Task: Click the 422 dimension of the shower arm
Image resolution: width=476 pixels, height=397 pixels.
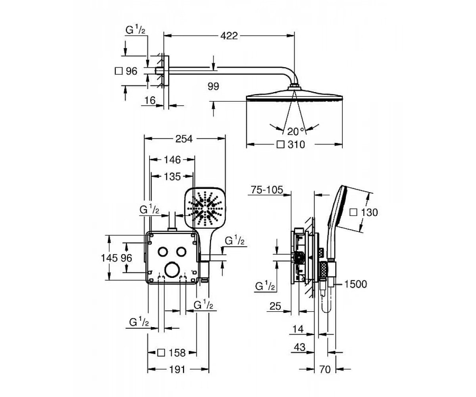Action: click(x=229, y=36)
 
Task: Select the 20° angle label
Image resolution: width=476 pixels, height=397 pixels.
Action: click(x=296, y=132)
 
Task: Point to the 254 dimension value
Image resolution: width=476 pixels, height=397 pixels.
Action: click(x=184, y=139)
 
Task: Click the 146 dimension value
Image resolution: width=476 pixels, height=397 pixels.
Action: click(x=172, y=160)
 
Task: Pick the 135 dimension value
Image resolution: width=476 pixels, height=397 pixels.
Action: click(x=172, y=177)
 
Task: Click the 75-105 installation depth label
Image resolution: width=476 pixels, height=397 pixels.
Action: click(x=267, y=190)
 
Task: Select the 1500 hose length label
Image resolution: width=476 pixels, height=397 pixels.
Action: click(x=355, y=284)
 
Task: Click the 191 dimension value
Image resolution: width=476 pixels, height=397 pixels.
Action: click(x=177, y=370)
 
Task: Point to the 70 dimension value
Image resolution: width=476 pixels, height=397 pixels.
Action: click(x=325, y=370)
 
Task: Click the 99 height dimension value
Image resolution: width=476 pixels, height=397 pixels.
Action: click(x=213, y=87)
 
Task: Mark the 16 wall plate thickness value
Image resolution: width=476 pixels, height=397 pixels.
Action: click(x=150, y=100)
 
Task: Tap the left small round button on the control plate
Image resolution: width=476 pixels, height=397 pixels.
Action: click(x=163, y=252)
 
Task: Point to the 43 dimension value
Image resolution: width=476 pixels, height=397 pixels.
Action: click(x=299, y=347)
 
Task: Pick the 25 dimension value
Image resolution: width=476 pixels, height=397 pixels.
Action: click(x=275, y=306)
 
